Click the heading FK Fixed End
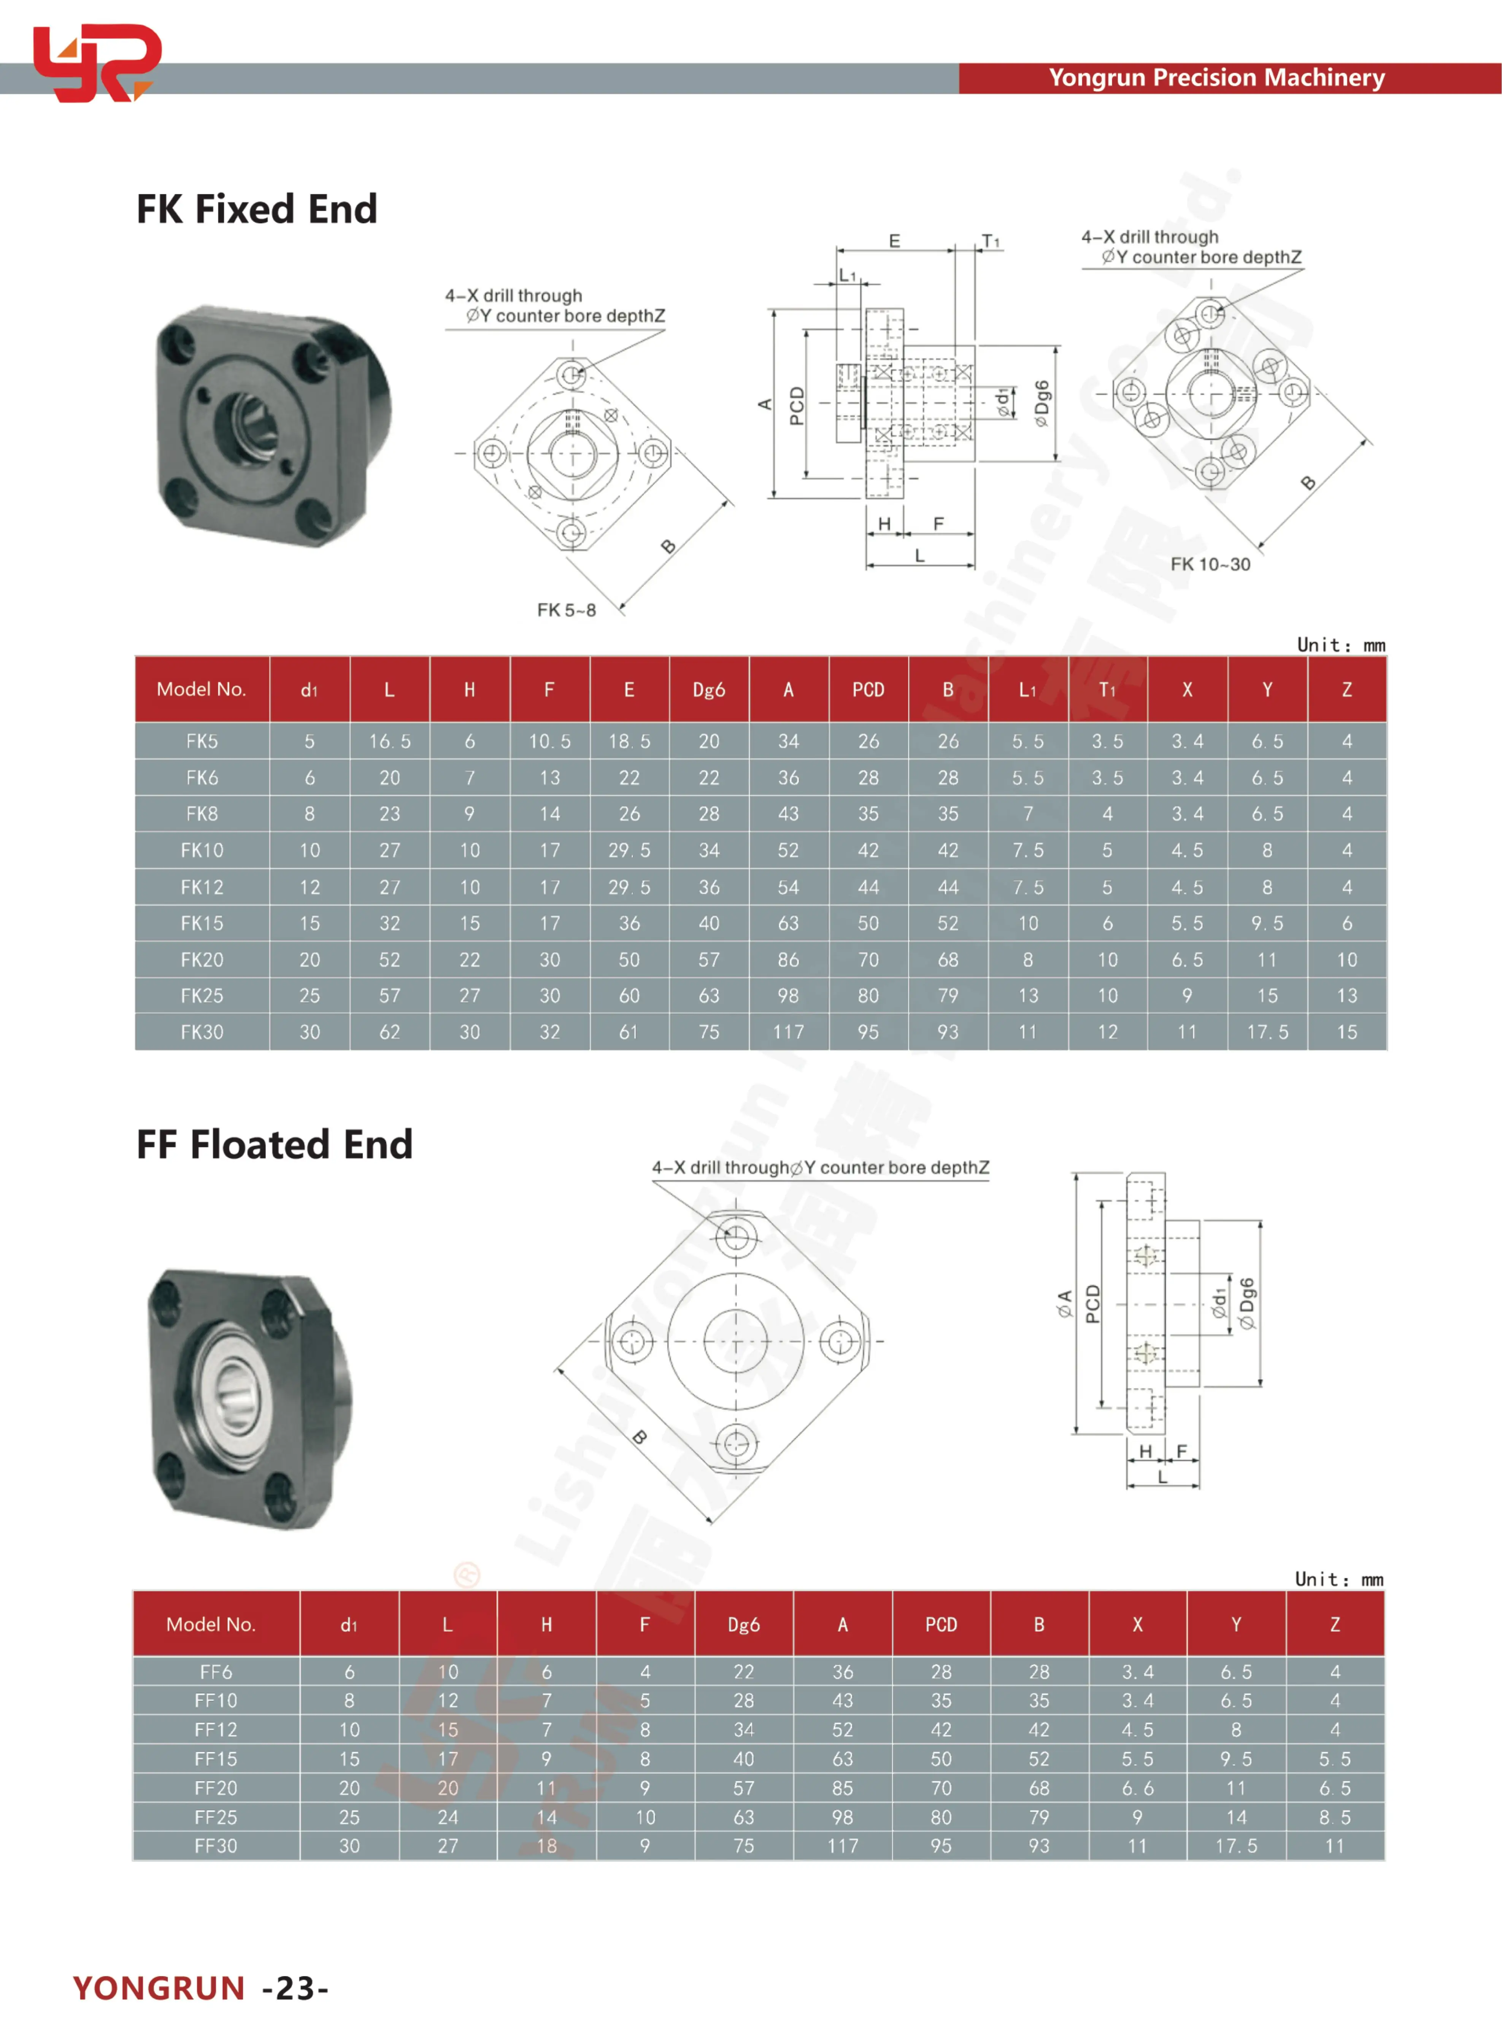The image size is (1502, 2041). (x=256, y=209)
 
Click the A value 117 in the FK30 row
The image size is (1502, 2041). (x=788, y=1032)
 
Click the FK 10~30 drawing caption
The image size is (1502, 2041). (x=1210, y=565)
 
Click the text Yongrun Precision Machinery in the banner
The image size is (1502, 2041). (x=1216, y=78)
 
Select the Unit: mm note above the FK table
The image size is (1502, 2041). (x=1340, y=645)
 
